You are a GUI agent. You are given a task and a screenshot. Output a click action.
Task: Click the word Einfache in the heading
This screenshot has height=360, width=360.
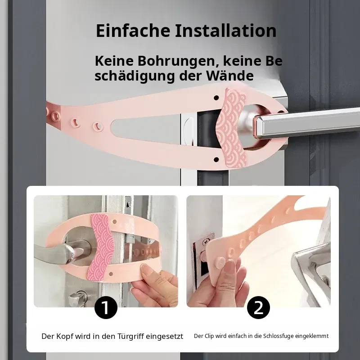pos(133,30)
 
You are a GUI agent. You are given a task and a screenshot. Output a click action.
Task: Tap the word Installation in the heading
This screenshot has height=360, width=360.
pos(226,30)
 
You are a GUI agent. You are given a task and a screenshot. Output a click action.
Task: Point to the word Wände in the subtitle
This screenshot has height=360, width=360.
pos(230,75)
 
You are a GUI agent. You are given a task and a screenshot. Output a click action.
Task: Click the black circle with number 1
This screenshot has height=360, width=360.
pos(106,307)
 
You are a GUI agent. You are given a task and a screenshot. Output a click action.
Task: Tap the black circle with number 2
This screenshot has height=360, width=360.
pos(258,307)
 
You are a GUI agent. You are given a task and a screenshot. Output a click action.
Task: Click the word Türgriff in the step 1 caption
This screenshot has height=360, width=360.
pos(130,336)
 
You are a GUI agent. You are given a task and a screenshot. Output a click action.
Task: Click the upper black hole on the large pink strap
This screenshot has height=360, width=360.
pos(216,98)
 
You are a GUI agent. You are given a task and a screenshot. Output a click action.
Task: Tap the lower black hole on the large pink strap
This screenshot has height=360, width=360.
pos(216,159)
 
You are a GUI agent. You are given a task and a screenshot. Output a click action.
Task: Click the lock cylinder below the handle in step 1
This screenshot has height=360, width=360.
pos(78,298)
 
